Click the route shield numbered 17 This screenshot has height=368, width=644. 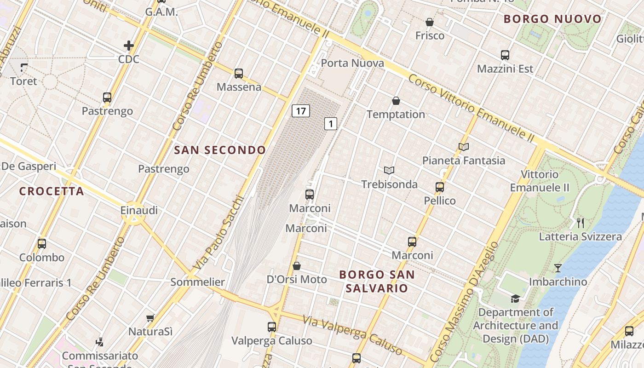coord(300,111)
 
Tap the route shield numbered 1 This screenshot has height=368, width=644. coord(331,123)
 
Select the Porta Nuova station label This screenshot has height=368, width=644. coord(352,63)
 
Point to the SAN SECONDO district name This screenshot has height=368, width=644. coord(220,150)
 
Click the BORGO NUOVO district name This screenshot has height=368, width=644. coord(552,19)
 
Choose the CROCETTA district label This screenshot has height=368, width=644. coord(52,191)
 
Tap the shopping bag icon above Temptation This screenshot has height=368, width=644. coord(396,101)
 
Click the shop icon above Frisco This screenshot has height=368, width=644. coord(430,22)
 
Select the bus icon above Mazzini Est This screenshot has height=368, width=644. coord(505,55)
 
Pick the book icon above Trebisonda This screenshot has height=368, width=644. coord(389,171)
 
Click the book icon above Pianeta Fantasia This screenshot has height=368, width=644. coord(464,147)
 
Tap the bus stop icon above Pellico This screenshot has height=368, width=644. coord(440,187)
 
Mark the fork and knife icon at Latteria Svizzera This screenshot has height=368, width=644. coord(581,223)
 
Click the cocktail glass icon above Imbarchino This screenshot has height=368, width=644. coord(558,268)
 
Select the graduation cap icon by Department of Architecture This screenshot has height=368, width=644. coord(515,299)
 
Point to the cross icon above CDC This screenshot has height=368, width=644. coord(129,46)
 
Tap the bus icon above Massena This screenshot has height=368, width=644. coord(239,74)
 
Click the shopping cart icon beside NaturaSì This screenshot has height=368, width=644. coord(150,318)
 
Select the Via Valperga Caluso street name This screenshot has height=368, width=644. coord(353,335)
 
